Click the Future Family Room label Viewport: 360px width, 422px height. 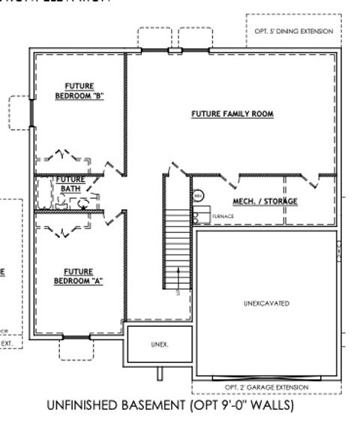pos(232,114)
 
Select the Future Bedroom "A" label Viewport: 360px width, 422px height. pos(78,276)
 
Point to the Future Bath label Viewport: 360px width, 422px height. pos(73,183)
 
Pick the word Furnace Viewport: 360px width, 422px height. pos(223,216)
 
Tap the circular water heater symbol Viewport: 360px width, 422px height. pos(199,196)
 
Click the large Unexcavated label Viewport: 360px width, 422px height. pos(266,304)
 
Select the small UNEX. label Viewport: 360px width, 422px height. pos(160,345)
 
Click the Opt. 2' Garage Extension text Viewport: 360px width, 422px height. pos(266,387)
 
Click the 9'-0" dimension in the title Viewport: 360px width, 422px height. pos(232,406)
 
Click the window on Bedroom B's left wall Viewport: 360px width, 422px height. pos(31,113)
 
